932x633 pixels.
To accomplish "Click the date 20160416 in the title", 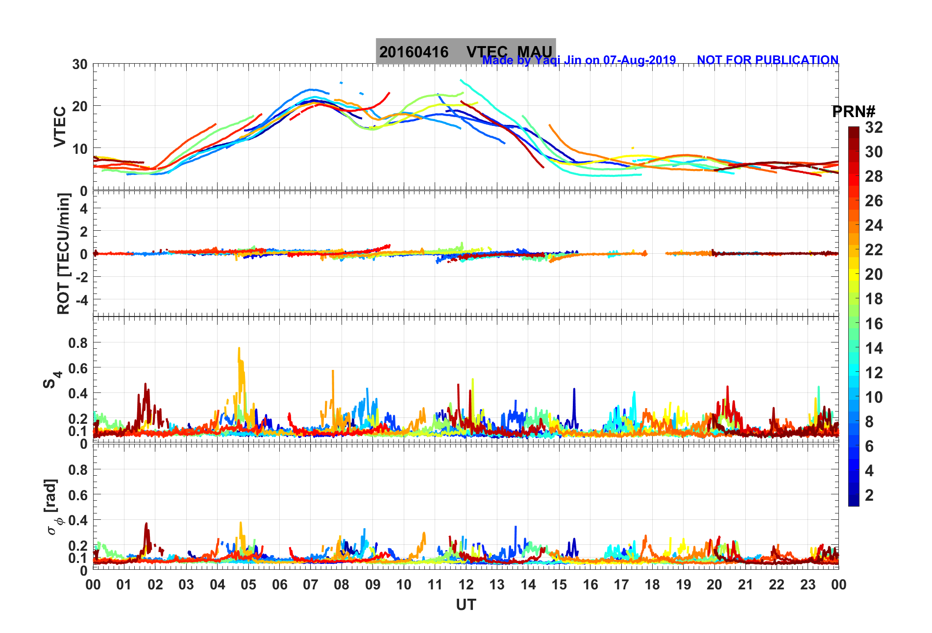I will pos(414,52).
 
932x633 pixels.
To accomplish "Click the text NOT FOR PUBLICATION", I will pos(767,60).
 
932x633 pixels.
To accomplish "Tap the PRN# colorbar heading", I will pos(854,112).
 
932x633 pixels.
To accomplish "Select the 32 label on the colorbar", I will pos(874,127).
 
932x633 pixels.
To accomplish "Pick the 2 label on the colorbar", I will pos(869,495).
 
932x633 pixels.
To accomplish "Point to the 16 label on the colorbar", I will pos(874,323).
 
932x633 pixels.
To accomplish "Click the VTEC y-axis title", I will pos(60,126).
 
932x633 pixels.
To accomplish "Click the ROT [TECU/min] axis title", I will pos(63,253).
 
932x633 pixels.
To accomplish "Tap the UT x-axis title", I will pos(466,605).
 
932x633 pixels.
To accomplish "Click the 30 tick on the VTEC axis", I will pos(80,64).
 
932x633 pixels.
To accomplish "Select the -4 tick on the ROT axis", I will pos(81,299).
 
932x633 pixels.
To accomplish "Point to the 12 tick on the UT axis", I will pos(466,584).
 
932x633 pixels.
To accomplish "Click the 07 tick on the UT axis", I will pos(310,584).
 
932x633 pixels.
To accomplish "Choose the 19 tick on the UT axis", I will pos(683,584).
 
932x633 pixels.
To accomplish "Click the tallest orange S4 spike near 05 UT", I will pos(239,349).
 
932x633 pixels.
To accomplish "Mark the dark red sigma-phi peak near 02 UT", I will pos(146,524).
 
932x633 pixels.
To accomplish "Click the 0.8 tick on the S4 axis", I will pos(78,343).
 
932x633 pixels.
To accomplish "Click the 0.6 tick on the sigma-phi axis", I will pos(78,495).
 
